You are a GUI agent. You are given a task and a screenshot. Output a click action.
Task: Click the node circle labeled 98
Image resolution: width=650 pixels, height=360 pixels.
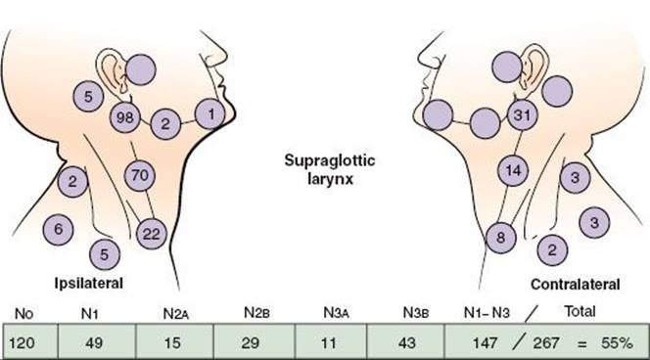tap(124, 117)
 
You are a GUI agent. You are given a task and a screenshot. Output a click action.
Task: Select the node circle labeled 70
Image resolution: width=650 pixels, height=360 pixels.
tap(140, 175)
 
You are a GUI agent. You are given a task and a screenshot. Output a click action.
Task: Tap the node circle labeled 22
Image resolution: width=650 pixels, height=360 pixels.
tap(152, 234)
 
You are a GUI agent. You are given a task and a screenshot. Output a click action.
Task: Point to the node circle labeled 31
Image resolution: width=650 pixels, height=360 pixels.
tap(523, 114)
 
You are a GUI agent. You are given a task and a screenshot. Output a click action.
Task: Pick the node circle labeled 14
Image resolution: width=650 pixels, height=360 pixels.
tap(513, 170)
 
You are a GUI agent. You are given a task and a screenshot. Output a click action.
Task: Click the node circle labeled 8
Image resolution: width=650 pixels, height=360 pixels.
tap(501, 238)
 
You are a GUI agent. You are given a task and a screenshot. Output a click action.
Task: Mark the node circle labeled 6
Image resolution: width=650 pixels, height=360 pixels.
tap(59, 230)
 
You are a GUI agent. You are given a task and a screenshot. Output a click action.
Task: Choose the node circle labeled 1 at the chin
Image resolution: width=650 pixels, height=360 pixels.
tap(210, 113)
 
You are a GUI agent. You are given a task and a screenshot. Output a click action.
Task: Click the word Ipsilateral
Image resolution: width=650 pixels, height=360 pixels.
tap(89, 284)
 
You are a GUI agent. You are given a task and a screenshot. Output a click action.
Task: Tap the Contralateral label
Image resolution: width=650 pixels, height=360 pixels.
tap(576, 285)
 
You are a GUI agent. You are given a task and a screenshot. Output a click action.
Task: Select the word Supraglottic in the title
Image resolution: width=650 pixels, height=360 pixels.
tap(330, 160)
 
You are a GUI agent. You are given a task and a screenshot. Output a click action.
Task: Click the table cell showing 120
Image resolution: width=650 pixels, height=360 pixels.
tap(30, 341)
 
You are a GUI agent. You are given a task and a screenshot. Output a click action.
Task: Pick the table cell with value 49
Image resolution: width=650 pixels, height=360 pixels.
tap(97, 341)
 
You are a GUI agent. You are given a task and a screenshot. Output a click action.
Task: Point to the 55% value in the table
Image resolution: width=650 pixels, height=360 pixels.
tap(618, 343)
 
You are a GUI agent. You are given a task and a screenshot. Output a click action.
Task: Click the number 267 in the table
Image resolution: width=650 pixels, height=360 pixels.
tap(546, 343)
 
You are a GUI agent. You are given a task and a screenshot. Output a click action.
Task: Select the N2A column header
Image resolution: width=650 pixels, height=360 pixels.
tap(176, 314)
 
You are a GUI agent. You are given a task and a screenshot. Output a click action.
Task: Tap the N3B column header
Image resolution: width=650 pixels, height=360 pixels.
tap(416, 313)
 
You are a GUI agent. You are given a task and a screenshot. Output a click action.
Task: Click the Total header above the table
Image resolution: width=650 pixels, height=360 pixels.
tap(580, 311)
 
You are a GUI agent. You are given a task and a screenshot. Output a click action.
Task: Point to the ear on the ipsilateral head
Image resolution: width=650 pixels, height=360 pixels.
tap(112, 68)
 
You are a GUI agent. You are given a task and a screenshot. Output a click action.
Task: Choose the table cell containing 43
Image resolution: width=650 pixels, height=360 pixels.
tap(406, 341)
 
